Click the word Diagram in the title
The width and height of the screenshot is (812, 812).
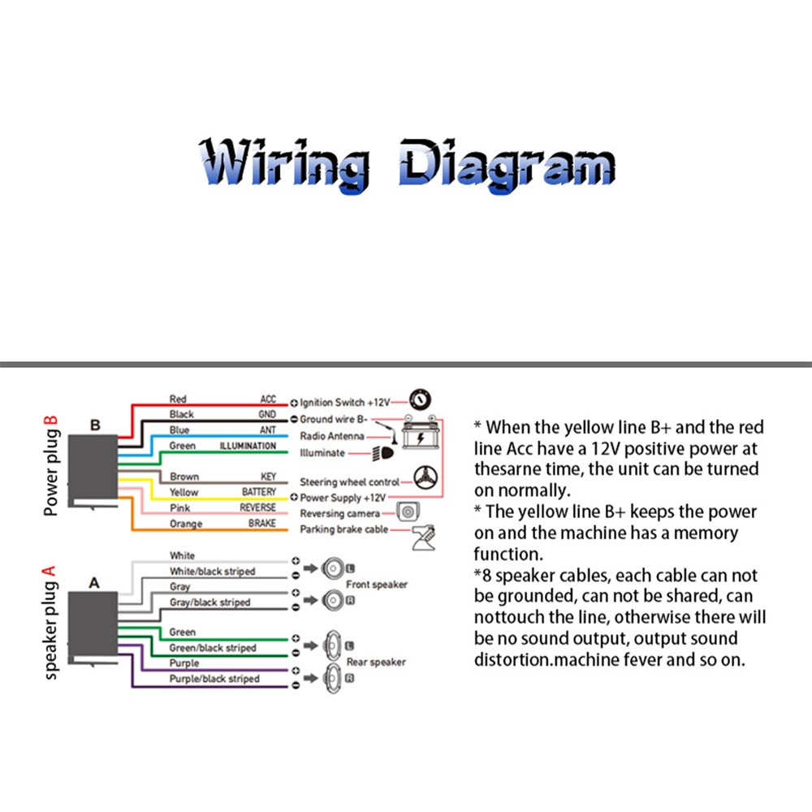(x=507, y=166)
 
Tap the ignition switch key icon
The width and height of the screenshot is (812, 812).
(x=420, y=400)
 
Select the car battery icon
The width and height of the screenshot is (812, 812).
(x=421, y=433)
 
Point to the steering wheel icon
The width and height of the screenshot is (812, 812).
(x=425, y=477)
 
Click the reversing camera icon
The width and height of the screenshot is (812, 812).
(x=408, y=512)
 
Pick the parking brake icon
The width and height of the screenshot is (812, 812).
(x=424, y=538)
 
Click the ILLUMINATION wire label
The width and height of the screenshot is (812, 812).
(x=248, y=446)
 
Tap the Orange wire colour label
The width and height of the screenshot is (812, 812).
(x=186, y=524)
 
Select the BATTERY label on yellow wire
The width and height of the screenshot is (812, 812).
(x=259, y=492)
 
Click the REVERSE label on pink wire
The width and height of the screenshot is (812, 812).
(x=258, y=508)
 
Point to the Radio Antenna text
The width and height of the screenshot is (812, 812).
(x=332, y=436)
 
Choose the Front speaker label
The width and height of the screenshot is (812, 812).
(x=377, y=585)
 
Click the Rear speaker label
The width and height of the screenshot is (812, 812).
(x=376, y=663)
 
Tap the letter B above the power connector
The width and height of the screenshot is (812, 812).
(x=95, y=425)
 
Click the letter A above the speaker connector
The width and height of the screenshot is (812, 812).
(x=94, y=583)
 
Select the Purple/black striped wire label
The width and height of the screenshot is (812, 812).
(x=214, y=679)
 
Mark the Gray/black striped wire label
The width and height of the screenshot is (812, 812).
(x=209, y=603)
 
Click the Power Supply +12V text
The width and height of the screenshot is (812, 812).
(x=343, y=499)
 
